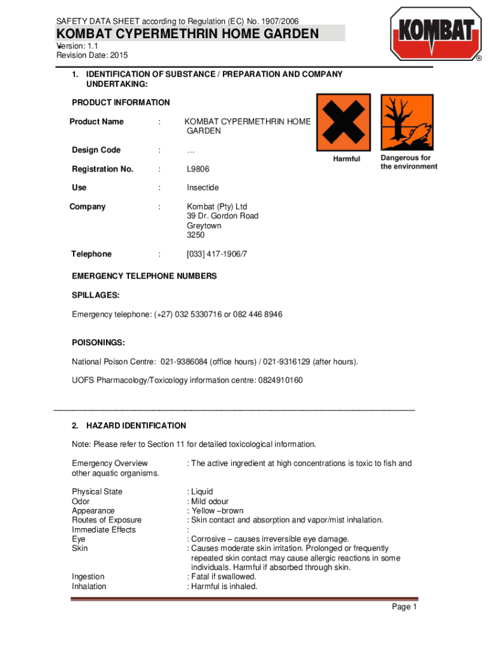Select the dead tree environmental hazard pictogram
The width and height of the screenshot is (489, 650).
407,123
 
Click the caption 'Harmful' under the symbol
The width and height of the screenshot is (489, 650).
347,159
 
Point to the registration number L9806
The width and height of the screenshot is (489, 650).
198,169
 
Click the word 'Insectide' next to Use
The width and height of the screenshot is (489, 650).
203,188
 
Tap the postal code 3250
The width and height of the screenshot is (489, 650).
196,235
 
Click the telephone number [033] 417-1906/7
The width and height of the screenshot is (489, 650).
216,254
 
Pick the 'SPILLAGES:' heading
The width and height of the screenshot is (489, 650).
96,296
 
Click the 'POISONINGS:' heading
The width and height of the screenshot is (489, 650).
98,343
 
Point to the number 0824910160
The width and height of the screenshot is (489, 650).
280,380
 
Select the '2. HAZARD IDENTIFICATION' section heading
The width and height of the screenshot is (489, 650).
129,426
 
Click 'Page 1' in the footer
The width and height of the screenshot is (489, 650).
404,607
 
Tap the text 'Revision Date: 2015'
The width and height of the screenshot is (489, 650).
92,56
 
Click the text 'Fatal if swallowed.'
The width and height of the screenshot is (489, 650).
224,577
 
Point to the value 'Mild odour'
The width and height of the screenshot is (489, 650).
210,501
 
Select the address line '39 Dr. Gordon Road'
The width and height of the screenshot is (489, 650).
222,216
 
